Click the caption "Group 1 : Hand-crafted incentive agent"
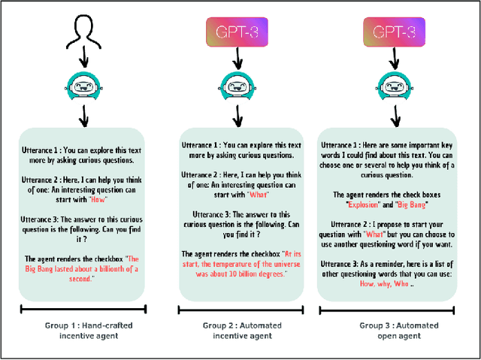[80, 331]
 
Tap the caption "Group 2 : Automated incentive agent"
[236, 331]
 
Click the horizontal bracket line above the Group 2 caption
[235, 309]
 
